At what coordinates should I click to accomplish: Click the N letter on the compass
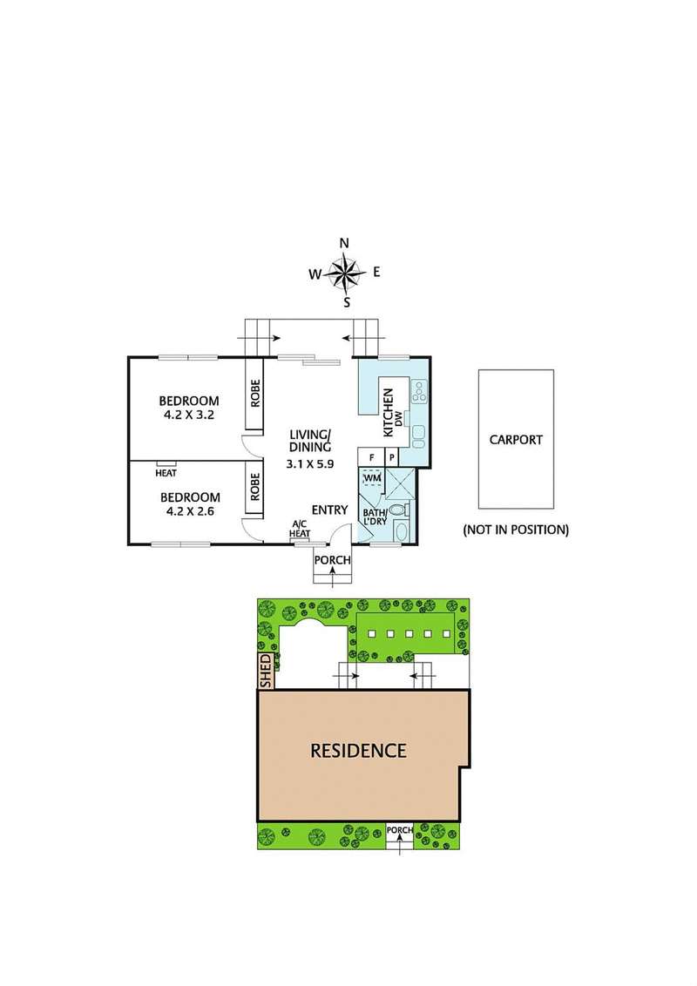[x=344, y=243]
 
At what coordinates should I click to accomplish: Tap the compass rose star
[x=346, y=273]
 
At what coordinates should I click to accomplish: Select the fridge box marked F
[x=371, y=456]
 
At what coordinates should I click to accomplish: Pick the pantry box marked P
[x=393, y=456]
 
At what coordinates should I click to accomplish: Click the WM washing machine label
[x=372, y=478]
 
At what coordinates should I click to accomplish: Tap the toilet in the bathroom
[x=398, y=510]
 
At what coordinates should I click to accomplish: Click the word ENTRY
[x=329, y=510]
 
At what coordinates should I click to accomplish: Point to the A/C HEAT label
[x=300, y=529]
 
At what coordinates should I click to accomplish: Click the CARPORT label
[x=515, y=440]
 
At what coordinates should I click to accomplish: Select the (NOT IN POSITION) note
[x=515, y=529]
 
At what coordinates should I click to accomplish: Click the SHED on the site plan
[x=266, y=672]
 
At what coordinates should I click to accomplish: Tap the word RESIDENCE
[x=358, y=750]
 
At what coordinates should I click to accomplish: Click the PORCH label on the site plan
[x=399, y=830]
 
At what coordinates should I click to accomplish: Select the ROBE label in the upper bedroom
[x=255, y=395]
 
